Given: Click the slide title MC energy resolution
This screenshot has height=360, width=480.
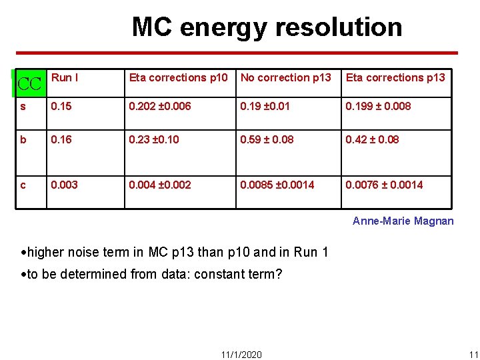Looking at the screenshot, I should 267,27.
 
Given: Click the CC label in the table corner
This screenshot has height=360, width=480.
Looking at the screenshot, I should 29,84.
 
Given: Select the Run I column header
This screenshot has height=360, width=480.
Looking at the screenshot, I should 65,77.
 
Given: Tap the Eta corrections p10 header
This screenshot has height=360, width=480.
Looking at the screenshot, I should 178,77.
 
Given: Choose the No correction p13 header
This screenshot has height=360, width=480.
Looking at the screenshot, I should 285,77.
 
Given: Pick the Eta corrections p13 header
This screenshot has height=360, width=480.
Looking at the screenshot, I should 395,77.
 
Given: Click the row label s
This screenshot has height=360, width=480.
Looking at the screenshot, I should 23,106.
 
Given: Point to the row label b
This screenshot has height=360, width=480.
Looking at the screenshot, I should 23,139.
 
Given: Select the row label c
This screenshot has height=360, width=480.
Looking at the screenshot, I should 23,185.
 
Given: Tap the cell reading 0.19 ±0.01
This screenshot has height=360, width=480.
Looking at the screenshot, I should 265,106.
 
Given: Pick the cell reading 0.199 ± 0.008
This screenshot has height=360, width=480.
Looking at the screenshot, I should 378,106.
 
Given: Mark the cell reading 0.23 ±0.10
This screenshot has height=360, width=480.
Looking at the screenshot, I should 154,139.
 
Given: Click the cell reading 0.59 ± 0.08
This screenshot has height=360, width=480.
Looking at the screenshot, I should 267,139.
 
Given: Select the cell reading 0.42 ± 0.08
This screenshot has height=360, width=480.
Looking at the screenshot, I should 372,139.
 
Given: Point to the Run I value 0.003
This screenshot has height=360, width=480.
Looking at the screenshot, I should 64,185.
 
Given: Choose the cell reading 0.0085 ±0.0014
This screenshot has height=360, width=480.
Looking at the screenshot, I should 277,185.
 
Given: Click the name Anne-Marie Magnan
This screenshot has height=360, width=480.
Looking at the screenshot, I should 403,221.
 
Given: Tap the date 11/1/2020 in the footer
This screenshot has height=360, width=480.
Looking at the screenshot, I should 241,354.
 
